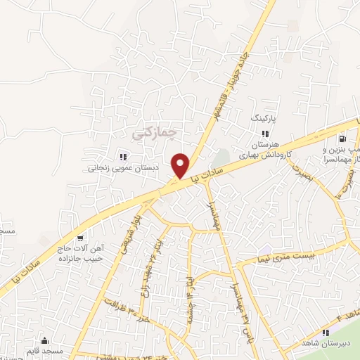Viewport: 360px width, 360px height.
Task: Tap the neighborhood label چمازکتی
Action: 155,131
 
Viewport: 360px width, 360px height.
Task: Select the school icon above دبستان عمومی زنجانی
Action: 122,157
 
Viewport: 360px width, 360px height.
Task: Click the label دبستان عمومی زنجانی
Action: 124,169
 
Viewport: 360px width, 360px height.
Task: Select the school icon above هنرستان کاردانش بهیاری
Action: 265,133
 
